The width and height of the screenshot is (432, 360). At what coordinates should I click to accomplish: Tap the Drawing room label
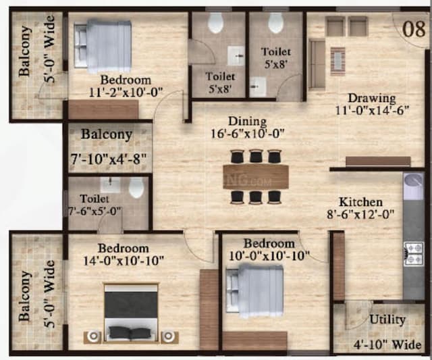pyautogui.click(x=372, y=98)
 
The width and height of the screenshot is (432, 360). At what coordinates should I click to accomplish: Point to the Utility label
pyautogui.click(x=387, y=319)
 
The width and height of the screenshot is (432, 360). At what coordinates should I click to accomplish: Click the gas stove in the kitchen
pyautogui.click(x=413, y=253)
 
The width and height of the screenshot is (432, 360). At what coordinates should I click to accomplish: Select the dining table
pyautogui.click(x=255, y=177)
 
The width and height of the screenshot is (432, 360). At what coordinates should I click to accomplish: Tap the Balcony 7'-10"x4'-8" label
pyautogui.click(x=107, y=134)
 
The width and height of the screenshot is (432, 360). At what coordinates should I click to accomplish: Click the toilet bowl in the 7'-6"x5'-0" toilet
pyautogui.click(x=136, y=187)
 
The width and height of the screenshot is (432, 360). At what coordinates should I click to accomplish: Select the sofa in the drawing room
pyautogui.click(x=317, y=53)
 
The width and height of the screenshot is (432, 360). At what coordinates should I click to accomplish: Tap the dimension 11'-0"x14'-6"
pyautogui.click(x=372, y=113)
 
